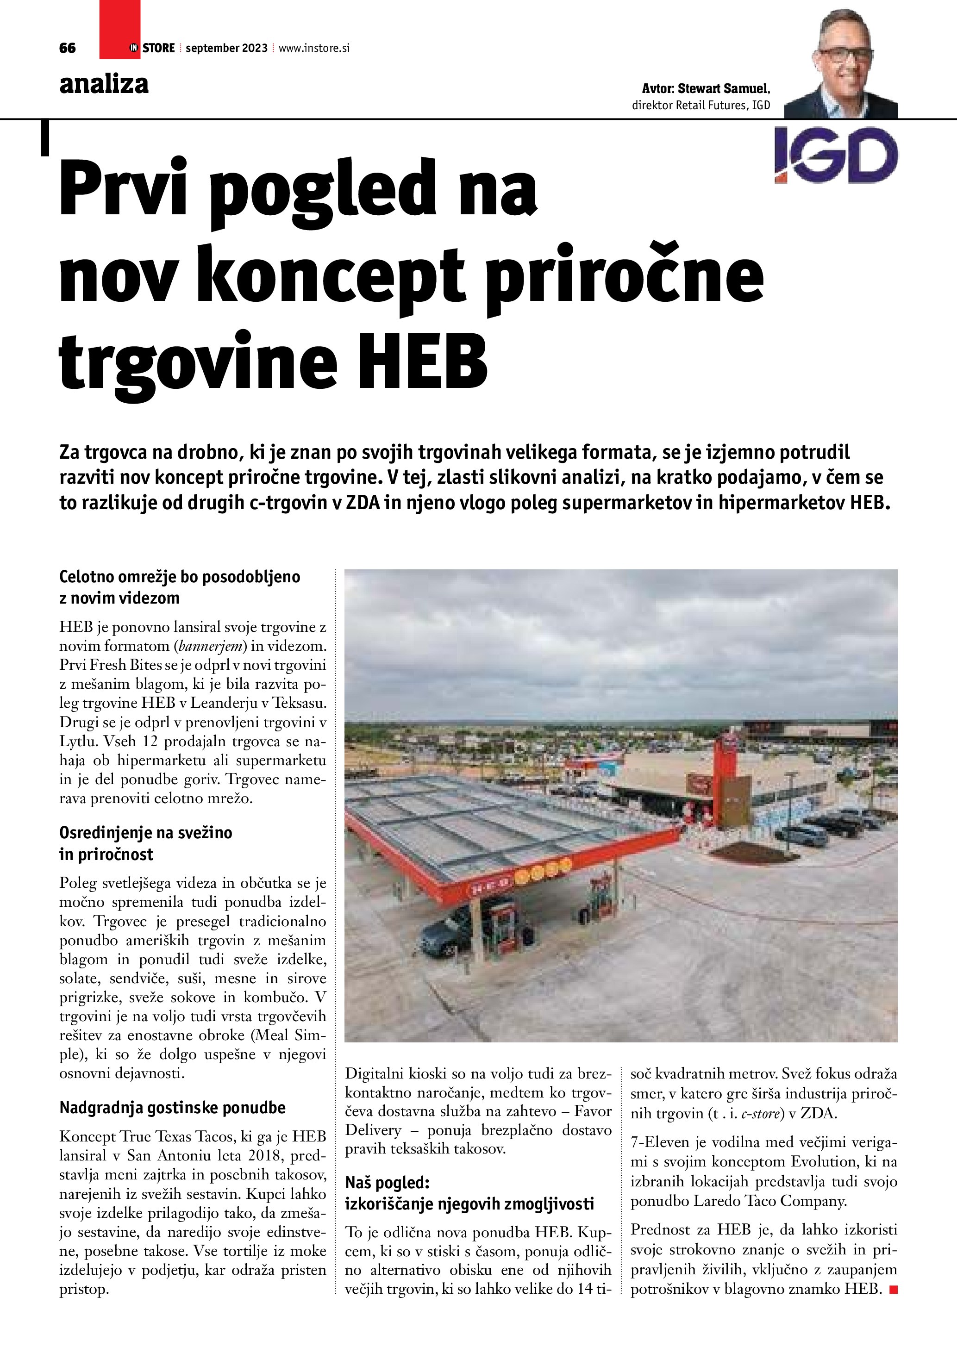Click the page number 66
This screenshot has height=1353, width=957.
point(67,48)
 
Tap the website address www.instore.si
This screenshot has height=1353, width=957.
point(313,48)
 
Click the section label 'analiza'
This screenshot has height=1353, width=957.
point(104,84)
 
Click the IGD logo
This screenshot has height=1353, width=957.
point(836,155)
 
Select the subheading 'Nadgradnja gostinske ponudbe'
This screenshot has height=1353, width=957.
point(172,1108)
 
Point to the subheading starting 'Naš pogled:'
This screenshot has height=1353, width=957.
point(387,1182)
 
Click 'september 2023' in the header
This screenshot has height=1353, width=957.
point(226,48)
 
